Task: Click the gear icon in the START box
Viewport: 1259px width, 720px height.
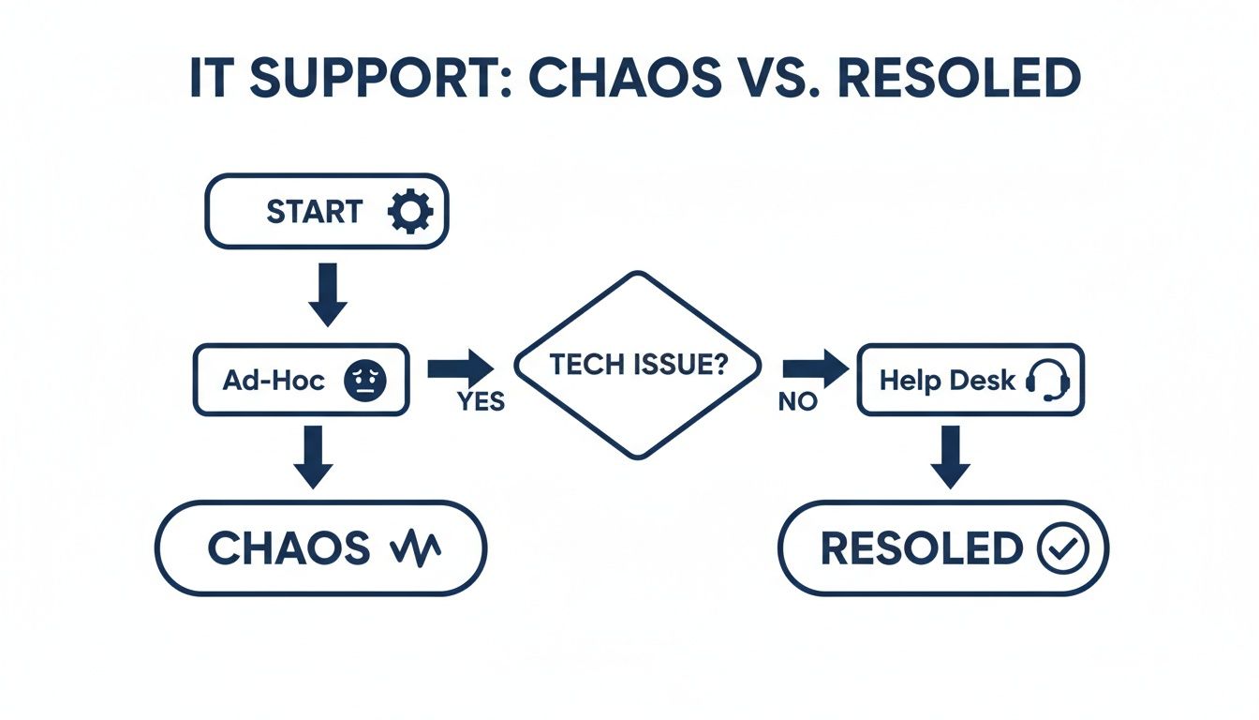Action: click(x=409, y=211)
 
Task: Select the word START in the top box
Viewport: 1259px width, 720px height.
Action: click(x=314, y=212)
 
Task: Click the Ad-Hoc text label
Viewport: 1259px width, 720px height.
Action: click(x=274, y=380)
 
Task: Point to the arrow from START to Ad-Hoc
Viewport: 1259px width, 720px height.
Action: click(x=328, y=293)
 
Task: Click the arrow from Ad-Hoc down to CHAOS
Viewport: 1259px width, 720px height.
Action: click(x=314, y=456)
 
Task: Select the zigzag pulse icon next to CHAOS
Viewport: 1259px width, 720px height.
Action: click(x=414, y=548)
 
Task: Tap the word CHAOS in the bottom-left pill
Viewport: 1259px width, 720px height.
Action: click(x=288, y=548)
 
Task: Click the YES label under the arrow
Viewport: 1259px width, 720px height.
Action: click(x=481, y=402)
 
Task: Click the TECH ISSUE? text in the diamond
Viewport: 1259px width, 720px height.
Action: click(x=638, y=366)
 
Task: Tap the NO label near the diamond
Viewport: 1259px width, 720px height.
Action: click(x=798, y=402)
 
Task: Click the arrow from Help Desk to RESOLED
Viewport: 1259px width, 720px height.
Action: click(x=951, y=456)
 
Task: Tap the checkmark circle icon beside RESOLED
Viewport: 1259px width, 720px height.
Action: click(x=1063, y=548)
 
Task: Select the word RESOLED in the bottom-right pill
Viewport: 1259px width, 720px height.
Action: click(x=921, y=548)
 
